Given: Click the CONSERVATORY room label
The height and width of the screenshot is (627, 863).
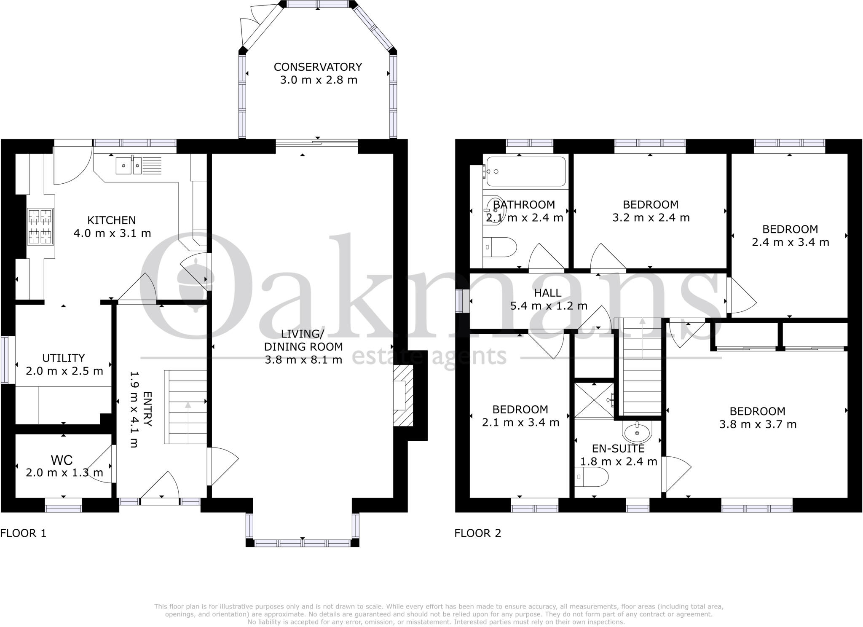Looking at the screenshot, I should pyautogui.click(x=318, y=67).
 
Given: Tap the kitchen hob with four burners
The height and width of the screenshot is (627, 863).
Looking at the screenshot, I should pyautogui.click(x=40, y=227).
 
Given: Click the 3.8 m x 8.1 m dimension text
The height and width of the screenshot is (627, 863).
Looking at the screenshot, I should pyautogui.click(x=303, y=360).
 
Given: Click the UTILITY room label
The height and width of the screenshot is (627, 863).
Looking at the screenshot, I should pyautogui.click(x=64, y=358).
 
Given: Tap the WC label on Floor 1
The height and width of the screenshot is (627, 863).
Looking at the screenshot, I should pyautogui.click(x=62, y=460).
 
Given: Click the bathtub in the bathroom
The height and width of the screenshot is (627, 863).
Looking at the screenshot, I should pyautogui.click(x=525, y=171).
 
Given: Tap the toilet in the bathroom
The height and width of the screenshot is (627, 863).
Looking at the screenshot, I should pyautogui.click(x=500, y=247).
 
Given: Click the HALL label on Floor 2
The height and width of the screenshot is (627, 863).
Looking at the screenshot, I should pyautogui.click(x=547, y=293).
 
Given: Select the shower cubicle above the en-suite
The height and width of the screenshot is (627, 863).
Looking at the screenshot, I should pyautogui.click(x=594, y=400).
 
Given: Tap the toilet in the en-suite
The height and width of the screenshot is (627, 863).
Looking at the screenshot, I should pyautogui.click(x=591, y=477).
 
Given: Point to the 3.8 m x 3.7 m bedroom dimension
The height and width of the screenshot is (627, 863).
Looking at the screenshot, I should pyautogui.click(x=757, y=424).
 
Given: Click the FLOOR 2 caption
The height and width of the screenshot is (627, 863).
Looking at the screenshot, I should pyautogui.click(x=477, y=533).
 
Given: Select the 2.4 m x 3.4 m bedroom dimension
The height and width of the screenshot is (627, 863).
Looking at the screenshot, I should pyautogui.click(x=790, y=242).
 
